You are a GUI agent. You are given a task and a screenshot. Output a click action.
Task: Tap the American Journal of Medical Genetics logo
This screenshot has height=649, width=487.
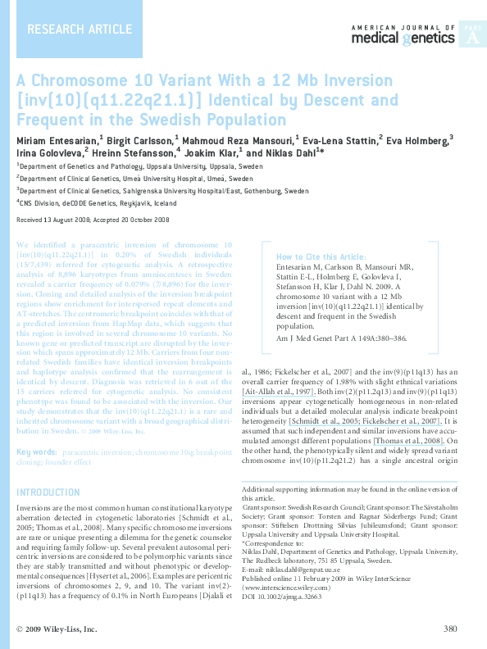click(403, 35)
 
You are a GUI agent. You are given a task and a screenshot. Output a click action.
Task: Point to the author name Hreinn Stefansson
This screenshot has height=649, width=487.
click(135, 153)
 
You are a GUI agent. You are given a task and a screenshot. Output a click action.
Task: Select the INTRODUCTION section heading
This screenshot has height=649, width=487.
click(48, 492)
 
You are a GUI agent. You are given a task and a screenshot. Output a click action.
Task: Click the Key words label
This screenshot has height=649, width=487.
click(37, 452)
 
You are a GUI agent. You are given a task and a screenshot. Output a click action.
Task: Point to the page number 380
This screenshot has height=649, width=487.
click(449, 629)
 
